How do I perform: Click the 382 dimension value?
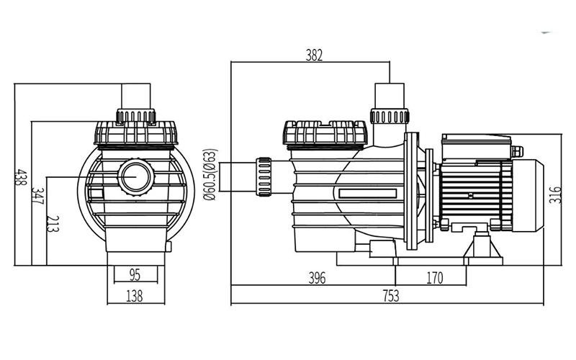click(x=313, y=55)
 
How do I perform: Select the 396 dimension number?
click(x=318, y=277)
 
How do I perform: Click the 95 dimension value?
click(x=134, y=274)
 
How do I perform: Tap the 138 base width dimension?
click(x=135, y=295)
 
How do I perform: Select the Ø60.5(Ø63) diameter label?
click(x=210, y=175)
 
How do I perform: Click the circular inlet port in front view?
click(x=135, y=175)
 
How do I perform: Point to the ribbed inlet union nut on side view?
click(x=264, y=176)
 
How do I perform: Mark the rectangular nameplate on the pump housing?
click(x=367, y=194)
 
